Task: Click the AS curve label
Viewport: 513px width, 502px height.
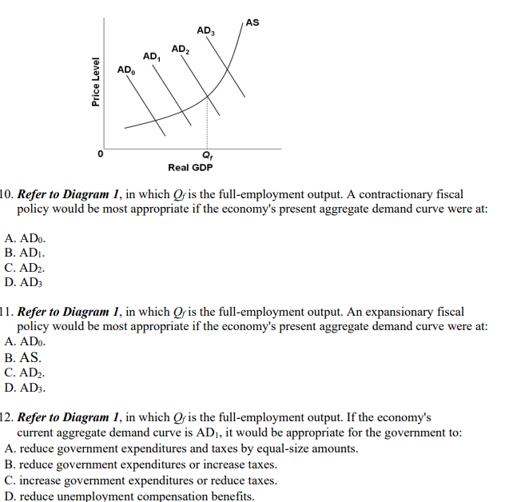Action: tap(253, 22)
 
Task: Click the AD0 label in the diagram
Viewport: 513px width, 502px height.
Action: tap(126, 71)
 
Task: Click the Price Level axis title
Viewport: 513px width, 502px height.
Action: tap(96, 82)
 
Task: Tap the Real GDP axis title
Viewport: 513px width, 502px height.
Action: tap(190, 167)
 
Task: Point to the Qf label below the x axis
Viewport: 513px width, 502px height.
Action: tap(208, 154)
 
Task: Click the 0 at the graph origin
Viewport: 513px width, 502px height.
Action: tap(101, 153)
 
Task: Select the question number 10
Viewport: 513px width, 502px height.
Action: tap(6, 194)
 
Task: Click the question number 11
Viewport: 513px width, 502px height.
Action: tap(6, 312)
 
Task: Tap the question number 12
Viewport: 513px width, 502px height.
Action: tap(6, 417)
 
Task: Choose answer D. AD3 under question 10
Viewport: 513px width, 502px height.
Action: tap(22, 281)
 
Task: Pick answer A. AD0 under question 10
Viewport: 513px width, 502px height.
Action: tap(25, 237)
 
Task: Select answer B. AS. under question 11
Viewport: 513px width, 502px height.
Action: tap(22, 357)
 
